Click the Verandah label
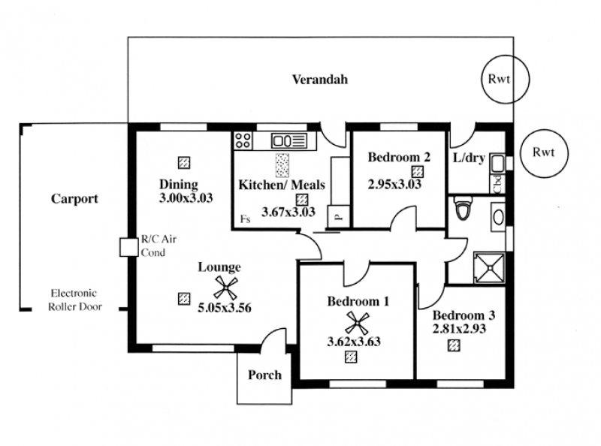(x=320, y=80)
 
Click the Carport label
(x=74, y=199)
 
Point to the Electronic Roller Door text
(x=74, y=300)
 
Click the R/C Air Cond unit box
(x=128, y=247)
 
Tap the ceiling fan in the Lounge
(x=226, y=288)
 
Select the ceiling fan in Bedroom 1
(x=357, y=323)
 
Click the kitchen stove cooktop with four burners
(x=243, y=140)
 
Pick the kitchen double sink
(x=289, y=140)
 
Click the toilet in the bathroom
(x=463, y=207)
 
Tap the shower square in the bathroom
(x=489, y=267)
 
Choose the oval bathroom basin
(x=498, y=217)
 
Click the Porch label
(x=264, y=375)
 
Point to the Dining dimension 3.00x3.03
(x=186, y=198)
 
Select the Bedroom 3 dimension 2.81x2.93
(x=459, y=329)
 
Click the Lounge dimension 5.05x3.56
(x=224, y=308)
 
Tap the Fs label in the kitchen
(x=245, y=218)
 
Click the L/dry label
(x=469, y=158)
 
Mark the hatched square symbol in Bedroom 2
(x=418, y=171)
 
